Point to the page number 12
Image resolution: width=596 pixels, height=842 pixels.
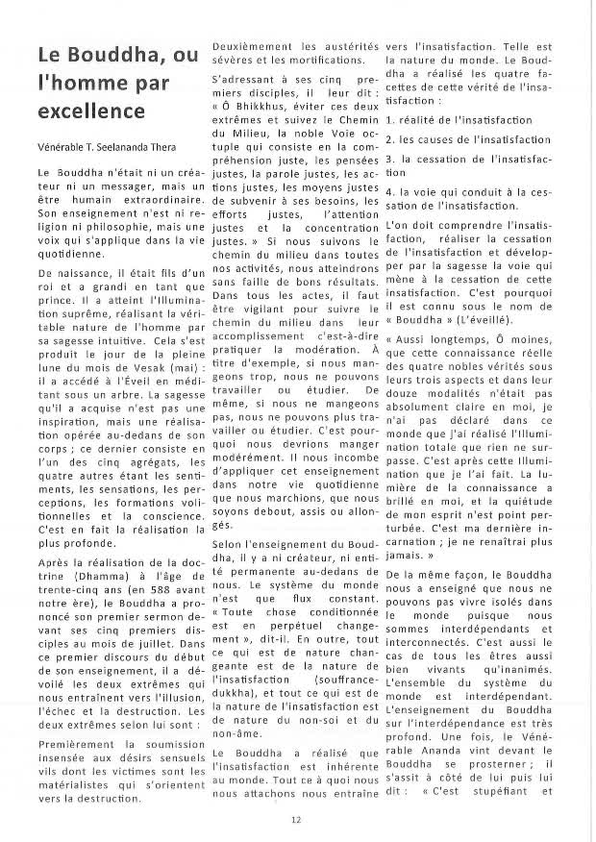coord(298,820)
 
